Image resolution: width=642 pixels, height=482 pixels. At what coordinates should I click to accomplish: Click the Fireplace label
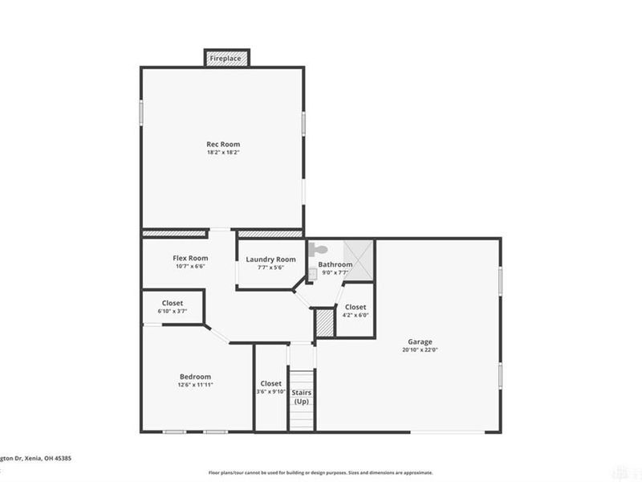coord(226,59)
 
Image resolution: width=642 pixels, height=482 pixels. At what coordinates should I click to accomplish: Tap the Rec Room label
coord(223,145)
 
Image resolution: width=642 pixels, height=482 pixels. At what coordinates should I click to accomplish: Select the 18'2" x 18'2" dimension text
coord(223,153)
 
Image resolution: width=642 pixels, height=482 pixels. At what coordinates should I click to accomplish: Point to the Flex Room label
coord(190,258)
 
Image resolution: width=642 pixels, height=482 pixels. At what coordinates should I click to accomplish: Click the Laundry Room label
coord(271,259)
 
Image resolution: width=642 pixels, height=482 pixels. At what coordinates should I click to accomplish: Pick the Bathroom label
coord(335,264)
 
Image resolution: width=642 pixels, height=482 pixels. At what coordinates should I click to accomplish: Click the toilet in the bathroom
coord(316,250)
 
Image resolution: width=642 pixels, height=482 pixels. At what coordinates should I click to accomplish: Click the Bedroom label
coord(195,377)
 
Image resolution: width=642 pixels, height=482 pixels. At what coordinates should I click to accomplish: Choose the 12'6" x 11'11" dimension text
coord(195,385)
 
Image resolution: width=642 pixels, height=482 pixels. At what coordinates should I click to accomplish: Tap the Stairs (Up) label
coord(301,397)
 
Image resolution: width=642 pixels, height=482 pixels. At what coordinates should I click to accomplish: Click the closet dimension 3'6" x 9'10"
coord(271,392)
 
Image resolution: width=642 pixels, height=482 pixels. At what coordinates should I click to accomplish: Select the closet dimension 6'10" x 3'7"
coord(173,311)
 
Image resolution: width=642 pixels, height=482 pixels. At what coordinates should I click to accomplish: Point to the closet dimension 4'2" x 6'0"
coord(356,315)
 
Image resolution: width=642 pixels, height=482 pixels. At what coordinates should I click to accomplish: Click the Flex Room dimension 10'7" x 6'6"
coord(190,266)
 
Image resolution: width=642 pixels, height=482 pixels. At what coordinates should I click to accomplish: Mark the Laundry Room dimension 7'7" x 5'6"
coord(271,268)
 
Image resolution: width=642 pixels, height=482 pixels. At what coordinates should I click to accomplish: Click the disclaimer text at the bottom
coord(321,473)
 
